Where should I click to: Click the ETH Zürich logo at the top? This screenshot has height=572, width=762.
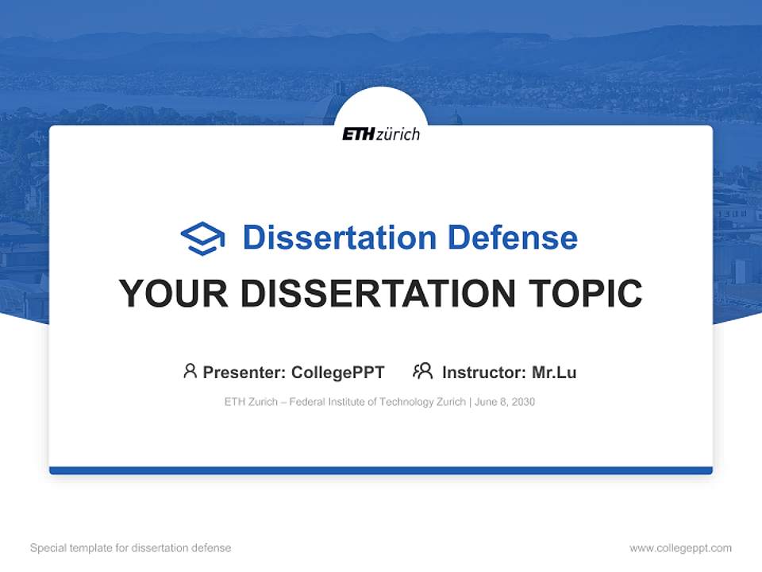pos(381,133)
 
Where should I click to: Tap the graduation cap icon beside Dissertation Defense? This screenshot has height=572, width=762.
pos(202,238)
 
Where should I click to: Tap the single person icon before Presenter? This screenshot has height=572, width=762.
pos(190,371)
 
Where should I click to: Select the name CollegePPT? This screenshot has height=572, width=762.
pos(337,372)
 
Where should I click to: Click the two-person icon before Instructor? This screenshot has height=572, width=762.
pos(422,371)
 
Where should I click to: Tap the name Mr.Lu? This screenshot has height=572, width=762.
pos(554,372)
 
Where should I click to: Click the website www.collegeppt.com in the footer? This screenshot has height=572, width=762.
pos(680,548)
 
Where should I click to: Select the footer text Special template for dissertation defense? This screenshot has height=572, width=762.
pos(130,548)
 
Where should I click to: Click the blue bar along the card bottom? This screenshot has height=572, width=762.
pos(381,470)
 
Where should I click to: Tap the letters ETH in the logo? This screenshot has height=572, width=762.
pos(357,134)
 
